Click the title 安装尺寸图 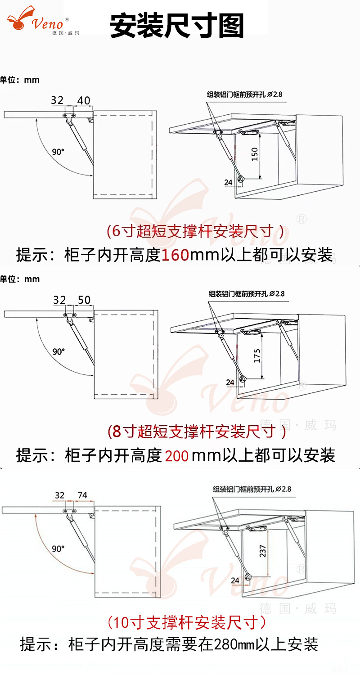(x=177, y=26)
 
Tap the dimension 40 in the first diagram (x=84, y=100)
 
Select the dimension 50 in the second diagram (x=84, y=300)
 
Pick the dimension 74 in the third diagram (x=82, y=495)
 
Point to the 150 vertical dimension (x=255, y=154)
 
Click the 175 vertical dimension (x=256, y=355)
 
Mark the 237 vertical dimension (x=263, y=551)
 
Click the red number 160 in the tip (x=175, y=255)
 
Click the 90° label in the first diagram (x=58, y=152)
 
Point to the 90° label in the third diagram (x=58, y=549)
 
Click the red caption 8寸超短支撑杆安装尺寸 (x=196, y=432)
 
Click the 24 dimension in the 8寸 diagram (x=230, y=382)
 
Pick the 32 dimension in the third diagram (x=60, y=495)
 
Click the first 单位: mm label (x=20, y=80)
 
